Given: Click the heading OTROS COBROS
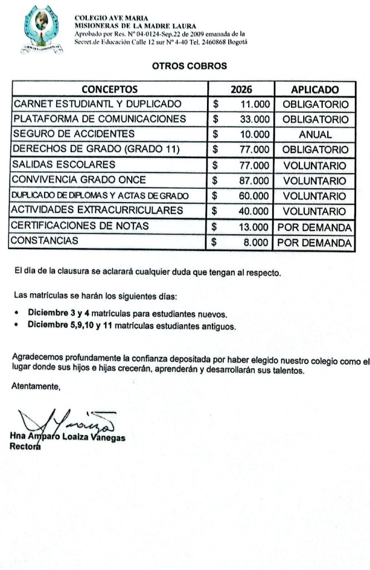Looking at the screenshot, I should (x=189, y=66).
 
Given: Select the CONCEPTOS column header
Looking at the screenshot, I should (x=110, y=90).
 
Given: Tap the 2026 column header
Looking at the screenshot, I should (x=241, y=90).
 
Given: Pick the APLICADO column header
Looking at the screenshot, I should (x=314, y=90).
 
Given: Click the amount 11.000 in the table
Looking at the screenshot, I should (x=255, y=104).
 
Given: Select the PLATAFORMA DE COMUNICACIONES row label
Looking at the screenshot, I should (x=99, y=119).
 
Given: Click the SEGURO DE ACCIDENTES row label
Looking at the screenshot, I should (x=74, y=134).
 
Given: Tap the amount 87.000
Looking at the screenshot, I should (x=254, y=181).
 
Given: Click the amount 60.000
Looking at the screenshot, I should (x=254, y=196).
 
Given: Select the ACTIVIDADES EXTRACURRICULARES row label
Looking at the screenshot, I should (x=98, y=210).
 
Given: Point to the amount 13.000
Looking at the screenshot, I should (x=254, y=227).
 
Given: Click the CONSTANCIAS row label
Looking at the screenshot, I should (x=46, y=241).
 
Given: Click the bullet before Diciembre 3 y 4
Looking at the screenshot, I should (x=18, y=313).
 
